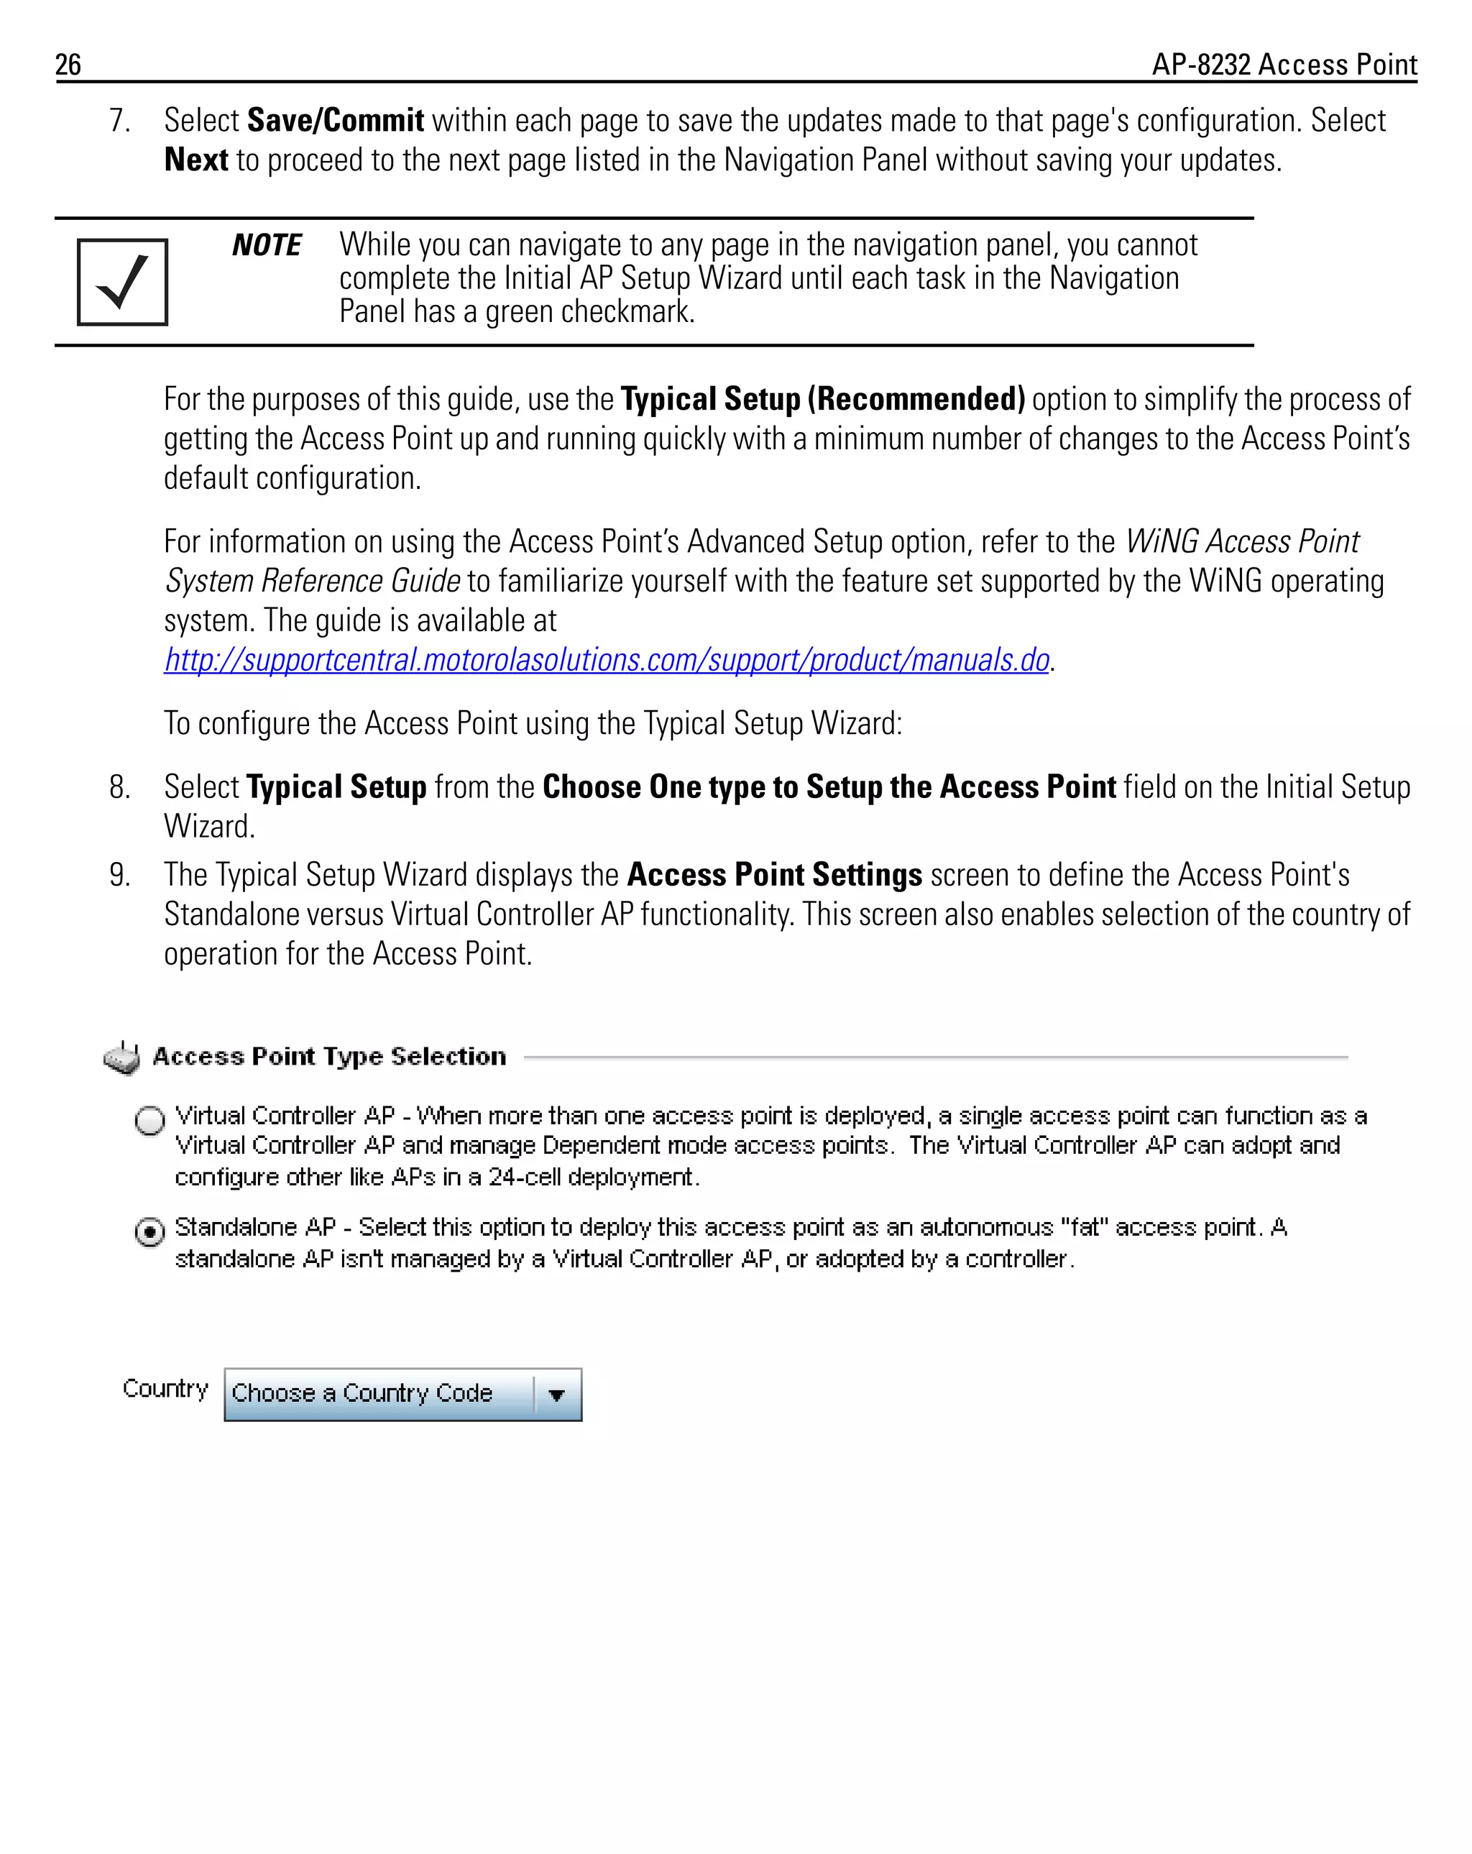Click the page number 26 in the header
click(x=68, y=65)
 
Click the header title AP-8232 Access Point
click(x=1284, y=65)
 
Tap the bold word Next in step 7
click(x=196, y=160)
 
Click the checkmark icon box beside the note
click(x=122, y=282)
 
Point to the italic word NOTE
click(x=267, y=246)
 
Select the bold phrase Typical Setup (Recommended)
click(x=822, y=399)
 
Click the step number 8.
click(x=119, y=787)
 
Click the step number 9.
click(x=119, y=875)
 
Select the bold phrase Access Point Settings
click(x=774, y=875)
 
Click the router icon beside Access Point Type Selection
click(x=122, y=1057)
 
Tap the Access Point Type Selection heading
click(x=329, y=1057)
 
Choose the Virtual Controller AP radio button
click(x=149, y=1121)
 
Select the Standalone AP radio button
click(x=149, y=1232)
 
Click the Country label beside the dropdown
click(x=165, y=1389)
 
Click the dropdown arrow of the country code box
click(x=556, y=1395)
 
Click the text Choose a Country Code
click(x=362, y=1393)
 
